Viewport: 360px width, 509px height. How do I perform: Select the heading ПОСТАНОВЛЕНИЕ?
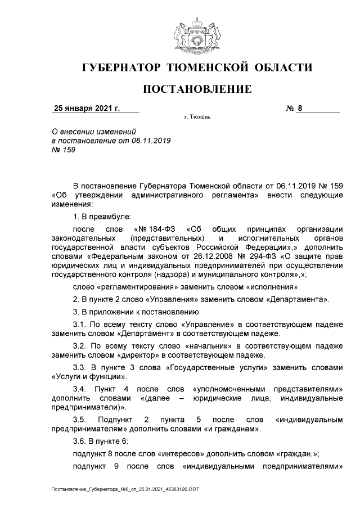[196, 89]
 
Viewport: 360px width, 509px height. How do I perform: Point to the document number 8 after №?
[300, 109]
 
